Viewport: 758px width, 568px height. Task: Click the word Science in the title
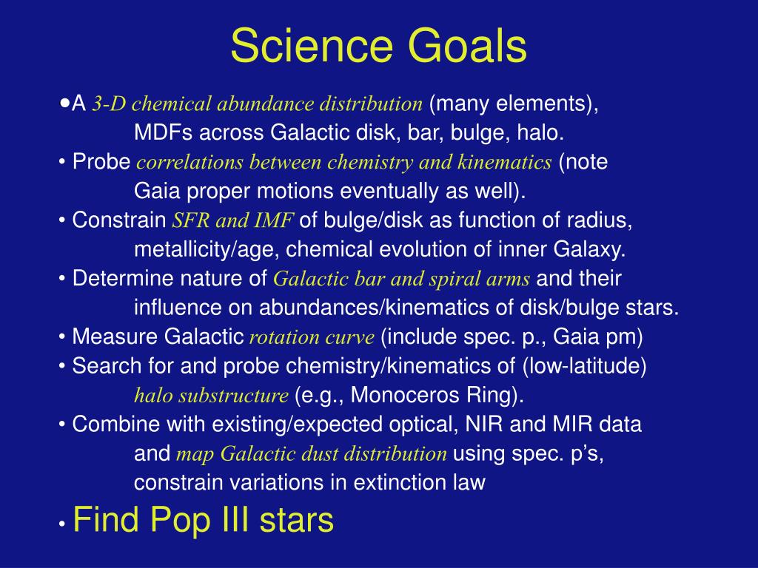point(312,45)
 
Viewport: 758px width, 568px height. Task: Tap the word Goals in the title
point(468,45)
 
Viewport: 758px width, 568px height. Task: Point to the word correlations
point(189,162)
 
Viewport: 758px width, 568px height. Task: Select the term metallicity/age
point(207,250)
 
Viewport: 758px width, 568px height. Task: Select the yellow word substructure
point(233,396)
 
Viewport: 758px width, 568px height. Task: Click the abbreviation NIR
point(484,425)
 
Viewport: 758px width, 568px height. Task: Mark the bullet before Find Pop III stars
point(62,524)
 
